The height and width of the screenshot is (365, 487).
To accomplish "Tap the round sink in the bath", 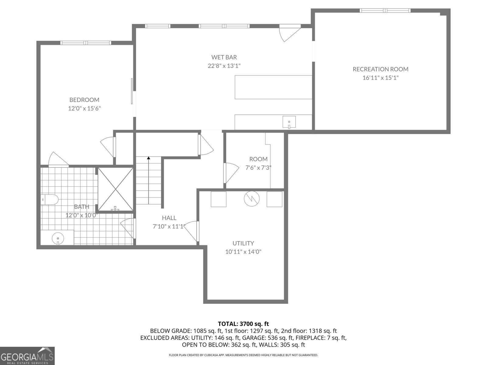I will click(x=58, y=238).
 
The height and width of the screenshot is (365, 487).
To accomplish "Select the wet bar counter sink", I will click(x=289, y=123).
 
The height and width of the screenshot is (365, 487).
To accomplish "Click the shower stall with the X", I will click(x=115, y=189).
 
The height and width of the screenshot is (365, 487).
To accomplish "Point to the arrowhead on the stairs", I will click(x=149, y=158).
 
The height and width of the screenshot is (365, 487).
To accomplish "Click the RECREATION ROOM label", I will click(x=380, y=69).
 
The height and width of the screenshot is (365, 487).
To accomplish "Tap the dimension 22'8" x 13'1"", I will click(x=224, y=66).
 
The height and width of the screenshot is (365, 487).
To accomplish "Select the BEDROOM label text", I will click(x=84, y=100).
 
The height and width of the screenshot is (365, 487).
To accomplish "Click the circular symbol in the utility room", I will click(x=251, y=199).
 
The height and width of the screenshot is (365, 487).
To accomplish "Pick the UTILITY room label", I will click(x=243, y=243).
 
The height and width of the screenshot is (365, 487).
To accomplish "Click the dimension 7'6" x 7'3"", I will click(x=258, y=168).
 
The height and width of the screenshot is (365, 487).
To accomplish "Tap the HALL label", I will click(x=169, y=218).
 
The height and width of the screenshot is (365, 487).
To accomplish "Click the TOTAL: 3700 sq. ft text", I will click(x=243, y=324).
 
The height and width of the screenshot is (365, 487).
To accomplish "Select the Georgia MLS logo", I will click(x=27, y=356).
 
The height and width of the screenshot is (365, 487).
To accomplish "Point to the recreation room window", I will click(x=385, y=11).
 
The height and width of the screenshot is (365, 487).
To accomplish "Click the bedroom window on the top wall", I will click(x=86, y=43).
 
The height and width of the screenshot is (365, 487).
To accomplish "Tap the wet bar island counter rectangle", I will click(x=273, y=87).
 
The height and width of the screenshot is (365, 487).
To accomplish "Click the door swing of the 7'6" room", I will click(x=231, y=173).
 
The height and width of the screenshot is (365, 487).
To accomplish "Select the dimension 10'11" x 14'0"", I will click(x=243, y=252).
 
